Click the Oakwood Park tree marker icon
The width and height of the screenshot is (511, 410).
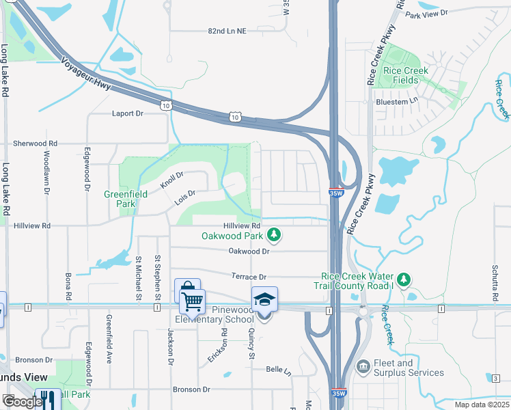click(x=274, y=236)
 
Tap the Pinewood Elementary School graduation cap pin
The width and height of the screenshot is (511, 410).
click(x=264, y=300)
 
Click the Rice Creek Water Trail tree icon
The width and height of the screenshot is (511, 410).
click(x=404, y=278)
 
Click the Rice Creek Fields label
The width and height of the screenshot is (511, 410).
click(x=406, y=75)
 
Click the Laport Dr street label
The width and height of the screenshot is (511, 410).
click(x=128, y=114)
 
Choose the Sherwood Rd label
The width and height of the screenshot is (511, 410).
click(x=36, y=143)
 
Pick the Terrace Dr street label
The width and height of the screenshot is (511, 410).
click(x=248, y=277)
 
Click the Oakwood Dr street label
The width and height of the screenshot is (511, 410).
click(x=249, y=251)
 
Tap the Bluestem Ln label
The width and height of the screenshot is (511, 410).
click(x=397, y=101)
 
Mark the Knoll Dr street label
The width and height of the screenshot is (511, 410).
click(x=172, y=180)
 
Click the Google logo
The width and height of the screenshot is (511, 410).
click(x=22, y=401)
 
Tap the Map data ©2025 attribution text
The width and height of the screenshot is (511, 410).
click(x=482, y=405)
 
